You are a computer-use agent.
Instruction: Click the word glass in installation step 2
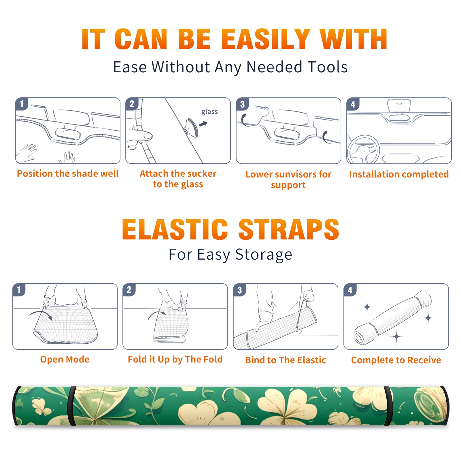(209, 112)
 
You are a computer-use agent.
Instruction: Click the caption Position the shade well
(68, 173)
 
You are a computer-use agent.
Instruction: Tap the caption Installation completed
(399, 174)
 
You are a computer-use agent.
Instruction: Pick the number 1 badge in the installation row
(22, 104)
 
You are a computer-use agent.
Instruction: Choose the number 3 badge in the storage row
(240, 290)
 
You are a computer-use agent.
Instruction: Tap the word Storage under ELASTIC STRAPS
(264, 255)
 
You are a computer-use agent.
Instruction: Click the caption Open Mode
(65, 359)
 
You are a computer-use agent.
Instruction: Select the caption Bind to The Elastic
(286, 360)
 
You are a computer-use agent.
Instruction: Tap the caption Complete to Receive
(396, 360)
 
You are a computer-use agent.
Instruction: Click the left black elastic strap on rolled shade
(71, 406)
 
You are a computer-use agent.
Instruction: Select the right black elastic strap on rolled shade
(388, 406)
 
